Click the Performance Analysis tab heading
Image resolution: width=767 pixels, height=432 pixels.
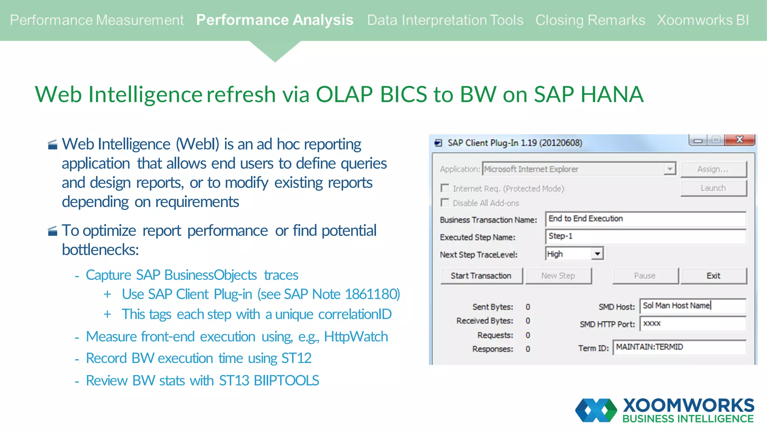275,20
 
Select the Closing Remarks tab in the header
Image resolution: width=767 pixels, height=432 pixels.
590,20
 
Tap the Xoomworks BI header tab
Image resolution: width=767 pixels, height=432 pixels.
703,20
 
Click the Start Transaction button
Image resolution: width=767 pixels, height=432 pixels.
481,276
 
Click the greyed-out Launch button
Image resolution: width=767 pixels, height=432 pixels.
713,188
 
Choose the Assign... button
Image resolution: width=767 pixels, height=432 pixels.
713,169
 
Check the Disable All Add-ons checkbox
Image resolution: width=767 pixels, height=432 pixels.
445,203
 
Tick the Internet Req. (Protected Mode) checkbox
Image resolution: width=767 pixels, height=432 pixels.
445,188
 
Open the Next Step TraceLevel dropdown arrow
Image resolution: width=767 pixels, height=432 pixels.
597,254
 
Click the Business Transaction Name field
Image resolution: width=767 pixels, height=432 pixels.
645,219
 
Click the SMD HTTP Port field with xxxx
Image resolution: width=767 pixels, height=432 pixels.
692,324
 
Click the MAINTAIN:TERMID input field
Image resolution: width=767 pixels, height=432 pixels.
679,347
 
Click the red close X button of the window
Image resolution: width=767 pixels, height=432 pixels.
739,140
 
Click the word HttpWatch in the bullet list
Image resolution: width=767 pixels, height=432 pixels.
356,337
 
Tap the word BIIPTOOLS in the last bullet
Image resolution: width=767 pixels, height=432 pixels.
286,381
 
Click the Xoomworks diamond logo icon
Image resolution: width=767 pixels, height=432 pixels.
596,410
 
